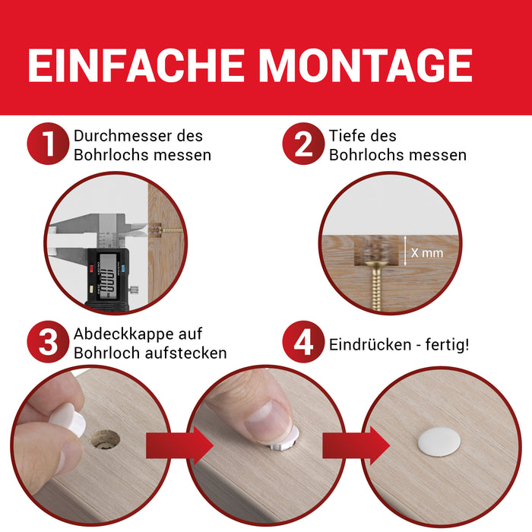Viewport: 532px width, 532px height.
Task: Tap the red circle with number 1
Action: click(48, 144)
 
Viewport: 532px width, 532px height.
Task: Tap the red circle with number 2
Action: click(303, 144)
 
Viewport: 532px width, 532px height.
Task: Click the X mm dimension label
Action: click(426, 252)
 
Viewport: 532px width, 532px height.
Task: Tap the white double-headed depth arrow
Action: click(404, 250)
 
